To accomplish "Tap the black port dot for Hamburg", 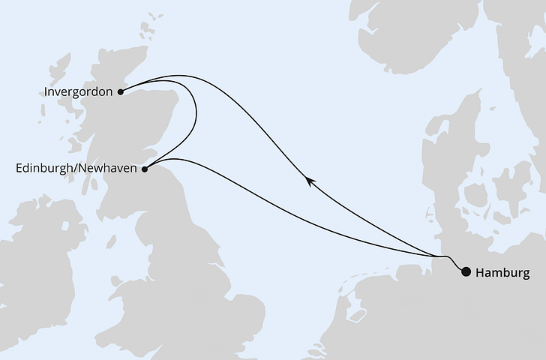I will [x=466, y=271].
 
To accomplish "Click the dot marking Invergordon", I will [x=121, y=92].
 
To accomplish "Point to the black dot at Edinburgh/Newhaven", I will [x=145, y=169].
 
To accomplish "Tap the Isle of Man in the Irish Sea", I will [x=111, y=241].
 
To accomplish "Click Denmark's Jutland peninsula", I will [x=442, y=172].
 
